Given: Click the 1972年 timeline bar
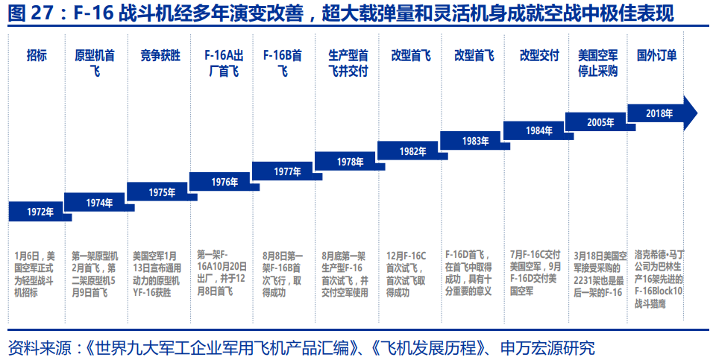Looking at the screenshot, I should [x=40, y=212].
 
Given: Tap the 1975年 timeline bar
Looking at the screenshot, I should [x=161, y=192].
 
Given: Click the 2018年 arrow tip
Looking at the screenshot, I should [x=691, y=113].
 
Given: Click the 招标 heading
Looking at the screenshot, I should [x=37, y=55].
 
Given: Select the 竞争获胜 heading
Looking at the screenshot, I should [x=160, y=55].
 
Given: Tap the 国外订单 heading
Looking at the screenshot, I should [x=657, y=55].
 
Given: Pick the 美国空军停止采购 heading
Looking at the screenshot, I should [x=598, y=63].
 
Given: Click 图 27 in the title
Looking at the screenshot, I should [x=28, y=13].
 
